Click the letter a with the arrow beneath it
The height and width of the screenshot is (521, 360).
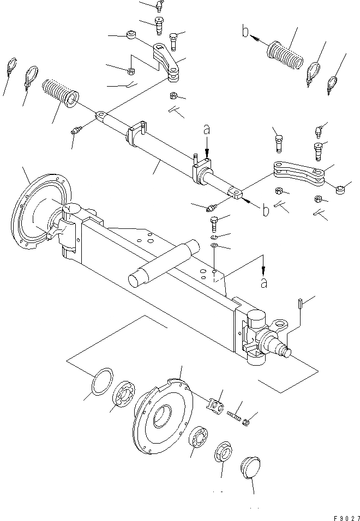[x=206, y=131]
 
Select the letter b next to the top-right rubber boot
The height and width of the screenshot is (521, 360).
[x=247, y=33]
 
